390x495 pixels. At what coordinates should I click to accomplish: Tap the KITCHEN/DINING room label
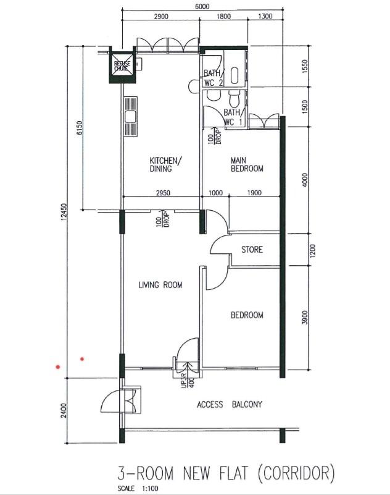click(x=165, y=165)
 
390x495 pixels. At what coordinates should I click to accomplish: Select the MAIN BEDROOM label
click(x=247, y=164)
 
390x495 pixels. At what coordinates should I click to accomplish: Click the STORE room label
click(x=252, y=250)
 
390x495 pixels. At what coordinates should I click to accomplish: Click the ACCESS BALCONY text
click(x=230, y=405)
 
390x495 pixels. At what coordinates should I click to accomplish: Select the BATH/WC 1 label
click(x=232, y=117)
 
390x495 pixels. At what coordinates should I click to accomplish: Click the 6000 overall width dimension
click(x=202, y=7)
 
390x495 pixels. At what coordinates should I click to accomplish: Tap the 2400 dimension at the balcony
click(x=63, y=410)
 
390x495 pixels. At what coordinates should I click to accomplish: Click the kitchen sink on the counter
click(x=131, y=116)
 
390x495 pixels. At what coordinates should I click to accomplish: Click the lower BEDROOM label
click(x=247, y=315)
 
